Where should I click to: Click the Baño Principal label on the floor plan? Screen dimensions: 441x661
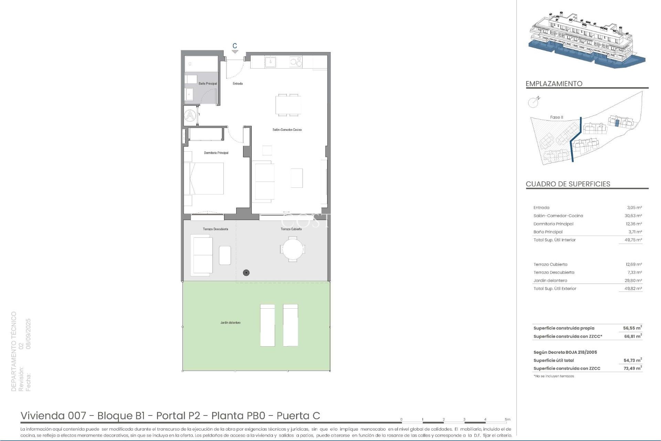208,83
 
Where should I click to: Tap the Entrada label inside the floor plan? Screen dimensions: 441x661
238,83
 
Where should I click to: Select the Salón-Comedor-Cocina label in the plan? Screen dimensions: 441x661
287,130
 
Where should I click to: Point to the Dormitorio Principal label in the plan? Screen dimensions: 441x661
216,153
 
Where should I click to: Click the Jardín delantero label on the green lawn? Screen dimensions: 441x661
230,322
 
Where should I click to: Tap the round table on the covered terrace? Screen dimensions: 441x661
293,249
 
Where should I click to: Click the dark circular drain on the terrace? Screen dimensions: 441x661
246,273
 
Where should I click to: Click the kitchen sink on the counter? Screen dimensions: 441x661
270,62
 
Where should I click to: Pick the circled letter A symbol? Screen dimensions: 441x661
190,115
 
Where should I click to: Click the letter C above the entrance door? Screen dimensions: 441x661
235,46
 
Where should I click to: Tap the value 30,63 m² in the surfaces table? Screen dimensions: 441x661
633,216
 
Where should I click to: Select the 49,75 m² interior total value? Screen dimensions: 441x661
633,240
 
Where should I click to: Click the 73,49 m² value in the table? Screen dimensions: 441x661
633,368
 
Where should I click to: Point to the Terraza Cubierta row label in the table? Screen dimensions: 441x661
550,264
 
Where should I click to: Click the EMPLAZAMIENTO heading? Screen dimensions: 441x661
554,84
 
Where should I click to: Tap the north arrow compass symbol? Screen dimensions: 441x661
534,102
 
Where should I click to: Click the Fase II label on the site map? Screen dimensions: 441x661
557,117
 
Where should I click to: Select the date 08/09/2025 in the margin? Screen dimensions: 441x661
28,334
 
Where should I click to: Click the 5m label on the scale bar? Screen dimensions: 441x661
507,419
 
